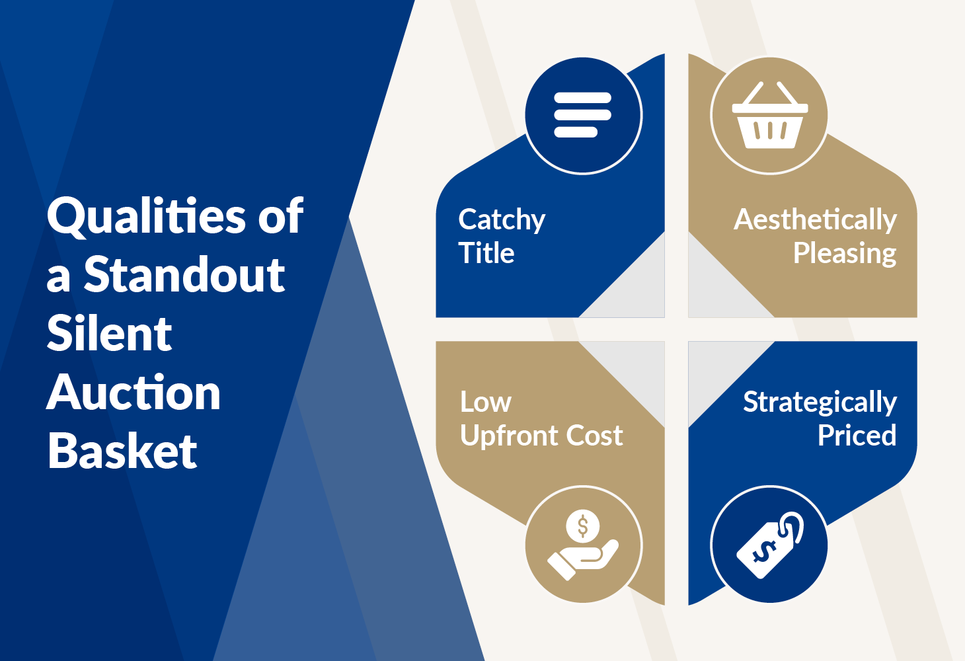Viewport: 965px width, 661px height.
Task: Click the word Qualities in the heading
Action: pyautogui.click(x=147, y=216)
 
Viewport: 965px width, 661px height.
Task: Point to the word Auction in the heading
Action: pyautogui.click(x=134, y=392)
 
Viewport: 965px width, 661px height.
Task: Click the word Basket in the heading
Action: pyautogui.click(x=122, y=450)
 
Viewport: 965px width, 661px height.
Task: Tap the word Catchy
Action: pyautogui.click(x=502, y=220)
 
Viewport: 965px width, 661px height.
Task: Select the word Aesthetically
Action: pyautogui.click(x=816, y=220)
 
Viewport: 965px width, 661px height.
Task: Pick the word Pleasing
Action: pyautogui.click(x=845, y=253)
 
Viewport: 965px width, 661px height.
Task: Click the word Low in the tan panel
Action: pyautogui.click(x=486, y=402)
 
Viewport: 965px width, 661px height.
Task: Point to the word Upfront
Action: pyautogui.click(x=509, y=436)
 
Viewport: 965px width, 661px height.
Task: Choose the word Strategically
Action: pyautogui.click(x=820, y=403)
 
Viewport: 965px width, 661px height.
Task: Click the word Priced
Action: pyautogui.click(x=857, y=435)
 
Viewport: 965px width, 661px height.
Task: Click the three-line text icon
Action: pyautogui.click(x=582, y=114)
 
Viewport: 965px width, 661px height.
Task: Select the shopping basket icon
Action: pyautogui.click(x=770, y=115)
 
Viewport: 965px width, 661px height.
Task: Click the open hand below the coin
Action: pyautogui.click(x=582, y=559)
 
